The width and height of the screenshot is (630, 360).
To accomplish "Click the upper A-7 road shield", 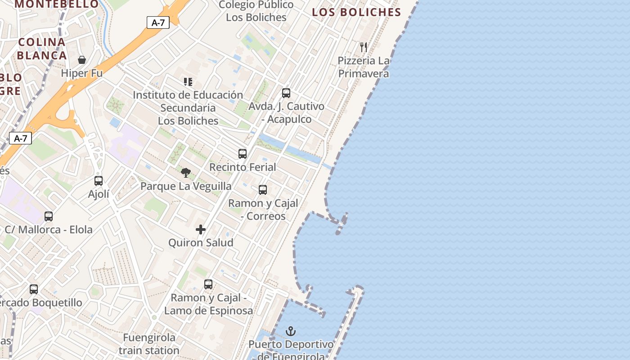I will click(x=158, y=22).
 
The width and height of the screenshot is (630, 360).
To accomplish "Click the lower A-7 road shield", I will click(x=21, y=138).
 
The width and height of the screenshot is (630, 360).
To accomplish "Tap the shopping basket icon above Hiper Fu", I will click(x=82, y=60).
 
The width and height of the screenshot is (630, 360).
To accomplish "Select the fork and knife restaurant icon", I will click(x=364, y=47).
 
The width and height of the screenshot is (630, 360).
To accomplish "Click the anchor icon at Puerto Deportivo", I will click(x=291, y=332).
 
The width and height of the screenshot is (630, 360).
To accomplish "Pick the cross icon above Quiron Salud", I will click(x=201, y=230).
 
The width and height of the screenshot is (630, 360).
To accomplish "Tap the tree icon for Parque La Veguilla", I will click(x=185, y=173).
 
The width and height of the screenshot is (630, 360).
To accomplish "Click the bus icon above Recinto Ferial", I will click(x=243, y=154).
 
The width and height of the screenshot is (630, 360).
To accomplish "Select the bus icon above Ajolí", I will click(x=99, y=181).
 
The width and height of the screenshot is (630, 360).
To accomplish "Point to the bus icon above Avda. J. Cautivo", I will click(x=286, y=93).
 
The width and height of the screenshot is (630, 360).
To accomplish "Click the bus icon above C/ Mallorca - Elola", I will click(x=49, y=216).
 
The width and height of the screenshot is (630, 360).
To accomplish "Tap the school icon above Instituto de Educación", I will click(x=188, y=82).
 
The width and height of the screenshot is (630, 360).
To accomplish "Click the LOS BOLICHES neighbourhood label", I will click(x=356, y=12).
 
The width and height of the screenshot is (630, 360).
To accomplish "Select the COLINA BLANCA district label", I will click(x=43, y=49).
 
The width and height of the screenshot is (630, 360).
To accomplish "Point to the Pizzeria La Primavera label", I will click(x=364, y=67).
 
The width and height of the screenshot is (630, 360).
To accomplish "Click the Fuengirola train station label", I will click(x=149, y=344).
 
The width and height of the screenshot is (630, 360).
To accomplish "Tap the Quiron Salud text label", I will click(x=201, y=243).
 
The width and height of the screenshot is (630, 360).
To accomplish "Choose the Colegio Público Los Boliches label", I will click(x=256, y=11).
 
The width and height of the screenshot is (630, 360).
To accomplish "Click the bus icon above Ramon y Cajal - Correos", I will click(x=263, y=190).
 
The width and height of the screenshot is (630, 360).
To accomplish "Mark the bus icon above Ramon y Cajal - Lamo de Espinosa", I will click(x=208, y=284).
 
